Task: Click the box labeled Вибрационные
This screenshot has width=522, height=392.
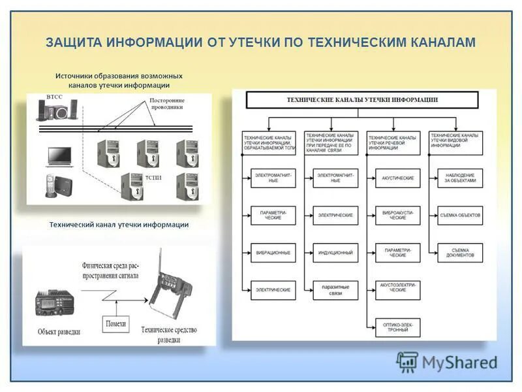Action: click(273, 253)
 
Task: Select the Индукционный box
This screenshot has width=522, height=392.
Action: click(335, 253)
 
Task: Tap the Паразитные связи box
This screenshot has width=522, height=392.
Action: click(335, 289)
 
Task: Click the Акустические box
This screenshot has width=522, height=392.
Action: click(397, 178)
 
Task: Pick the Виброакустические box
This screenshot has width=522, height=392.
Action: click(397, 215)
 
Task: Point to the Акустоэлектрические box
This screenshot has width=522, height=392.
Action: click(397, 289)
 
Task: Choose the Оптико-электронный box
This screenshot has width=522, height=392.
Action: click(397, 326)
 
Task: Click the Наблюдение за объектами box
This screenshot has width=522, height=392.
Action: click(461, 178)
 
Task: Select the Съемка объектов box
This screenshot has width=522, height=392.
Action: click(461, 215)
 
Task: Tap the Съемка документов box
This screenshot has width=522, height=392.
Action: click(461, 253)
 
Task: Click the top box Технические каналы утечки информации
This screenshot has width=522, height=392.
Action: click(362, 100)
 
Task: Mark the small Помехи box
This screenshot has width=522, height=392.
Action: click(115, 323)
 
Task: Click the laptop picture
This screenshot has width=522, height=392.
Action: click(59, 157)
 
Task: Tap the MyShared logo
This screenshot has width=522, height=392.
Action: click(447, 362)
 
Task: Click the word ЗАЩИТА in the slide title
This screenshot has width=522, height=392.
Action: click(69, 42)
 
